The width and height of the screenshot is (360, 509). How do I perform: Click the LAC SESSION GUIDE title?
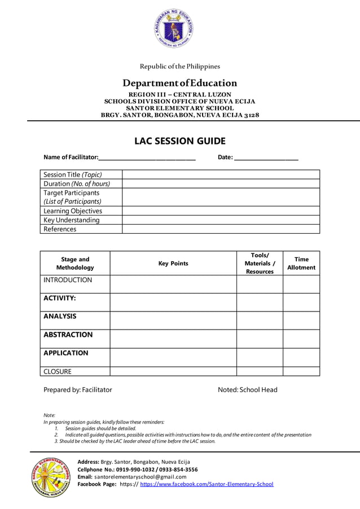tap(179, 141)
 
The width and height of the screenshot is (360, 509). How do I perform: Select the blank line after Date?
tap(266, 156)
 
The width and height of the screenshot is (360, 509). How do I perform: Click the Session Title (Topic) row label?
tap(73, 174)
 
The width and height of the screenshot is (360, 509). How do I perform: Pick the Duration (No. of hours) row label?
tap(77, 183)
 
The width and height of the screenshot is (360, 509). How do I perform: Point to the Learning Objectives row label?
tap(73, 210)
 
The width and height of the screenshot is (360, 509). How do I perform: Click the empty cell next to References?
tap(221, 229)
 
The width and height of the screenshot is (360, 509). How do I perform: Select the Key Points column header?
tap(173, 264)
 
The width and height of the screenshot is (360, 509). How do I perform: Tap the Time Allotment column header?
tap(301, 264)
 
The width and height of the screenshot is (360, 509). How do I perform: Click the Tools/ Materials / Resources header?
tap(260, 264)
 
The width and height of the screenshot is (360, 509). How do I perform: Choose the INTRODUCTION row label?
tap(68, 280)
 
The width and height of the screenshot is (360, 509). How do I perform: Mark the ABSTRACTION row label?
tap(68, 335)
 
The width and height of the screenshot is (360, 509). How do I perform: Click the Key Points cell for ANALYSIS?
tap(173, 320)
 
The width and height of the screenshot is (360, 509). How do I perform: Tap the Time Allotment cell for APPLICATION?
tap(301, 357)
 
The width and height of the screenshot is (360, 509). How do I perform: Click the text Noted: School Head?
tap(248, 389)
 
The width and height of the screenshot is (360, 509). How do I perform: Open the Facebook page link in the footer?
tap(207, 484)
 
